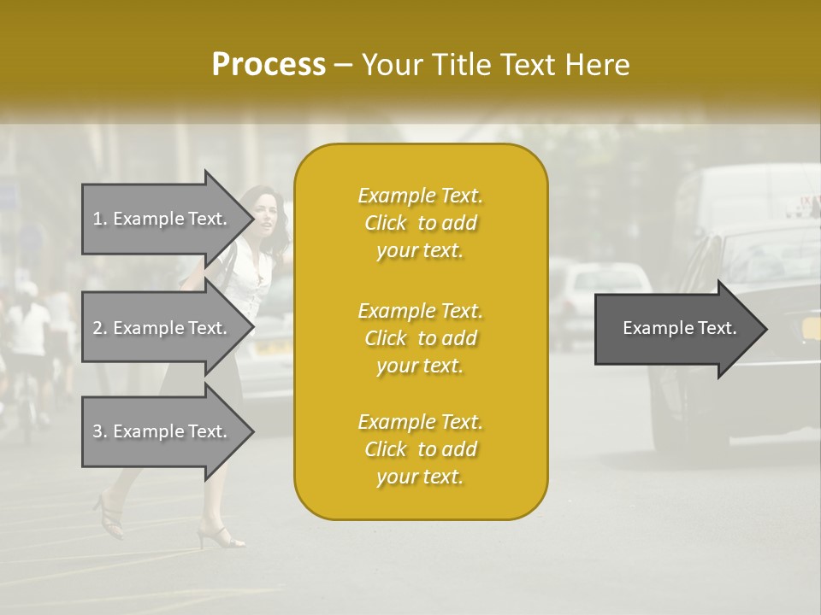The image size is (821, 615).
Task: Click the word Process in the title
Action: click(x=269, y=64)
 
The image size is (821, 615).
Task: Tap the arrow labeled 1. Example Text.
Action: click(x=167, y=219)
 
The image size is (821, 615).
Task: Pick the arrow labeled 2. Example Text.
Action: click(x=167, y=328)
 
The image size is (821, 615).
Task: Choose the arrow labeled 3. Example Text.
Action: click(x=167, y=431)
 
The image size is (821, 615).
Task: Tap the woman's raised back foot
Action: click(x=109, y=514)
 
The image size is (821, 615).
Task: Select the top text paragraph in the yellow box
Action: click(x=420, y=223)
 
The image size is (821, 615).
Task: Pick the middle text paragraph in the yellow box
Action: click(x=420, y=338)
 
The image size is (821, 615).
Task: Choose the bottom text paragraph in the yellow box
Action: click(x=420, y=449)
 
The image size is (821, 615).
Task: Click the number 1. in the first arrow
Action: click(x=99, y=219)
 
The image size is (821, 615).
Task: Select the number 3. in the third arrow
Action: click(x=99, y=431)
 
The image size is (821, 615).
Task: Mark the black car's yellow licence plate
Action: click(x=808, y=329)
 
